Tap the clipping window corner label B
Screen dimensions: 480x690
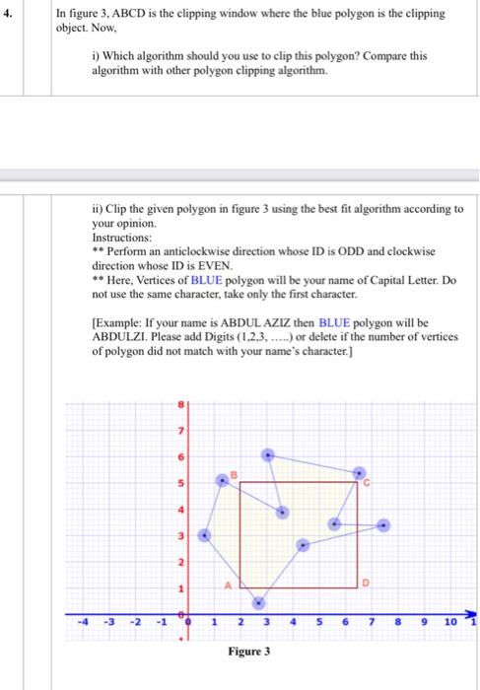point(234,476)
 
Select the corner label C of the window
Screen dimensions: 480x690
point(365,484)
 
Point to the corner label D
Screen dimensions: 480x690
point(364,584)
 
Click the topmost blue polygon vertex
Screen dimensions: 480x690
point(268,454)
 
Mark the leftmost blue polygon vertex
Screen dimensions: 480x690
point(205,535)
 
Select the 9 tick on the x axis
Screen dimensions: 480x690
point(423,621)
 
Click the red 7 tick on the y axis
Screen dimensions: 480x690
point(180,430)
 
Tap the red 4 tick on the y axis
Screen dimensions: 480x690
point(180,509)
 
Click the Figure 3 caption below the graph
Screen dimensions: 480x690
point(250,653)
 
